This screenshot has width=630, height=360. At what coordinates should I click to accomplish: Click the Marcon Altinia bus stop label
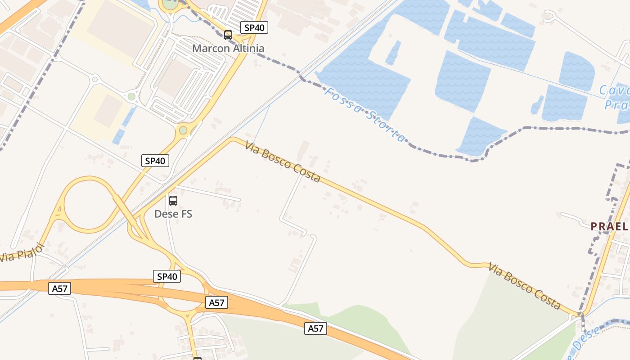tap(228, 48)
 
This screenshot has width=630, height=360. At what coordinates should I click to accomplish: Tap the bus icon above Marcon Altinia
tap(228, 35)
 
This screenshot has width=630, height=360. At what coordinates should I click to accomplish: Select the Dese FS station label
tap(173, 214)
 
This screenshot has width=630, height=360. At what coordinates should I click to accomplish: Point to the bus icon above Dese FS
tap(173, 201)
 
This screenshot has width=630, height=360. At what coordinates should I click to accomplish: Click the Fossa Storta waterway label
tap(365, 114)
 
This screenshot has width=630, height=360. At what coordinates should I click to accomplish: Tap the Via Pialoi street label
tap(22, 253)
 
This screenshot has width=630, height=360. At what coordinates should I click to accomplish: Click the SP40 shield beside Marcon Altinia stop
tap(254, 27)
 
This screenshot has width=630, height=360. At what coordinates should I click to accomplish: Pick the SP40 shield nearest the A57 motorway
tap(167, 276)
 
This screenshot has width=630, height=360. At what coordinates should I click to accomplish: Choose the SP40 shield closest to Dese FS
tap(155, 161)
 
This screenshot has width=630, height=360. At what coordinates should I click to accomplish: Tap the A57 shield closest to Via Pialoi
tap(60, 288)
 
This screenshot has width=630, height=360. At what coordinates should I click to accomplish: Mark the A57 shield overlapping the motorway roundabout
tap(216, 303)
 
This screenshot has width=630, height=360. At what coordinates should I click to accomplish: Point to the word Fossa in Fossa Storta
tap(341, 101)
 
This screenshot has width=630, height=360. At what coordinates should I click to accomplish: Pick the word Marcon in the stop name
tap(210, 48)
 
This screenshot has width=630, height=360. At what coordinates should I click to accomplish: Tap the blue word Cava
tap(614, 90)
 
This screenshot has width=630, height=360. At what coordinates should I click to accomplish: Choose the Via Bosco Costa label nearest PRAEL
tap(525, 286)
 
